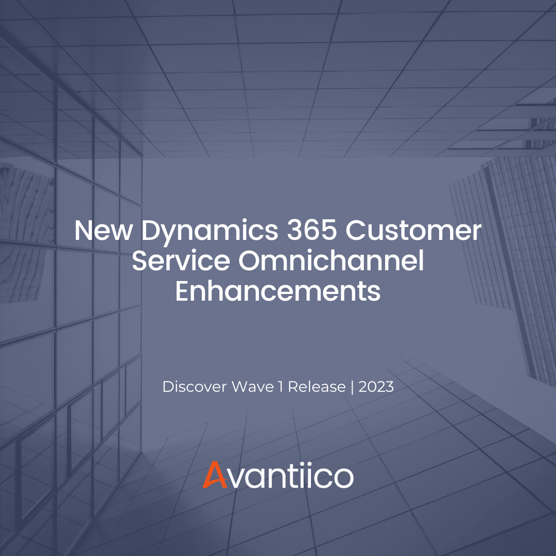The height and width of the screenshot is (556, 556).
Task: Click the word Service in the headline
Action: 181,261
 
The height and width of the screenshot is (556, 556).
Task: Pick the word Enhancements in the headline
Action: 278,291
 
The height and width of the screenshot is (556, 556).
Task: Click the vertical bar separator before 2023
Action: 352,387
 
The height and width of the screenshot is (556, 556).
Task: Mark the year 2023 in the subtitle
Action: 376,387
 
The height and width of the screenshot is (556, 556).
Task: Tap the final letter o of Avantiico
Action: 342,477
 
